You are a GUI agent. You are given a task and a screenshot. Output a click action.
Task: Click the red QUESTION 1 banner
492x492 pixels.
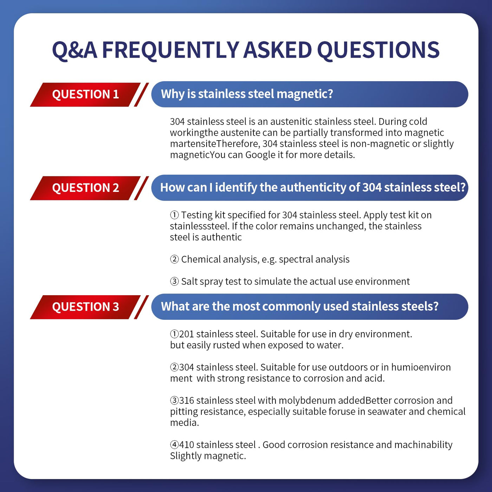click(85, 95)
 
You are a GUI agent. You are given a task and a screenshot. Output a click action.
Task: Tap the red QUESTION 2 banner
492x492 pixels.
click(85, 188)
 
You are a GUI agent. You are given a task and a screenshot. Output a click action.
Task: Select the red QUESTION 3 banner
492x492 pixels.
click(85, 307)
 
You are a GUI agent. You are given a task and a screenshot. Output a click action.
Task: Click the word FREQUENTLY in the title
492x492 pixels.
click(170, 50)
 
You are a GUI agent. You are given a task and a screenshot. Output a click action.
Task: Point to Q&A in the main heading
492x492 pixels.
click(75, 51)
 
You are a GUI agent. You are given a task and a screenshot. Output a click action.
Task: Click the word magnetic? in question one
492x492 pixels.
click(305, 94)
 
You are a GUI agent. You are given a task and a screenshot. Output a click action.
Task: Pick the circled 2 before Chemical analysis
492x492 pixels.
click(174, 259)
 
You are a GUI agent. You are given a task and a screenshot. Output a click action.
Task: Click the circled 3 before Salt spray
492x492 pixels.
click(174, 281)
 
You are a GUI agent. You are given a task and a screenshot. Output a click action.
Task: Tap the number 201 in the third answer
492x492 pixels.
click(186, 334)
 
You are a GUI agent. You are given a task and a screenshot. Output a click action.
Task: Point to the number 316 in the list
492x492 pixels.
click(186, 400)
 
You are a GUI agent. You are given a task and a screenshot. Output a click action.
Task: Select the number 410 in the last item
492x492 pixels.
click(186, 445)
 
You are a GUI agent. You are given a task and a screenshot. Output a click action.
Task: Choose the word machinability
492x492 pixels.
click(423, 445)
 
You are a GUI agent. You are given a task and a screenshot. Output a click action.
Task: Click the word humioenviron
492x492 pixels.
click(421, 367)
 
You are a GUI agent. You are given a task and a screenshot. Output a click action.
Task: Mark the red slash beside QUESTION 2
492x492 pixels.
click(141, 188)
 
